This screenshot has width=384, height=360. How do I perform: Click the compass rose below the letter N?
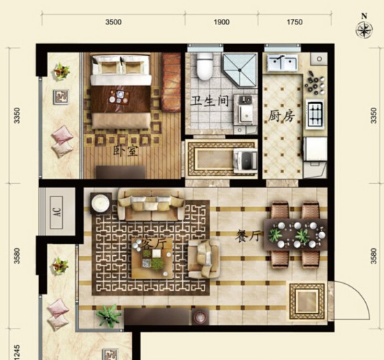(364, 30)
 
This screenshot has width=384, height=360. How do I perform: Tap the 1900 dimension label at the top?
(221, 22)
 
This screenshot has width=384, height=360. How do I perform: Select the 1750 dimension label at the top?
(295, 22)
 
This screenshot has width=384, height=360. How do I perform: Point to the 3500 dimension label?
(113, 22)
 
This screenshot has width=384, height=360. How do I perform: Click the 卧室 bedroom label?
(126, 151)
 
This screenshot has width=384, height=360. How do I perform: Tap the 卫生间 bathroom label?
(209, 101)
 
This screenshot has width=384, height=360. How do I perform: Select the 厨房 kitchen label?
(281, 116)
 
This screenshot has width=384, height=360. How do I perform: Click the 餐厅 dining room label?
(249, 236)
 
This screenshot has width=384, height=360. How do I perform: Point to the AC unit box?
(57, 213)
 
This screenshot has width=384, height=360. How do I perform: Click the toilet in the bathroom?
(205, 66)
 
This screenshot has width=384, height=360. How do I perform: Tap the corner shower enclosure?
(240, 71)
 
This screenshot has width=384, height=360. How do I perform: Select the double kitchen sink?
(283, 63)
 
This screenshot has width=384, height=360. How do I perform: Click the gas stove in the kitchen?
(315, 114)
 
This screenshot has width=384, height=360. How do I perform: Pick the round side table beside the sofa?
(101, 203)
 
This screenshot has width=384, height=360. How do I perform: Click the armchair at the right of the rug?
(204, 259)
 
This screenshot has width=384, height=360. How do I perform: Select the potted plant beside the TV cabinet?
(108, 315)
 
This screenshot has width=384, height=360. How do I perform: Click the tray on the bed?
(119, 97)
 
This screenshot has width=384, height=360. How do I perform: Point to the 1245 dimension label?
(17, 352)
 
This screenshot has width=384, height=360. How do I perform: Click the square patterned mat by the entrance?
(307, 301)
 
